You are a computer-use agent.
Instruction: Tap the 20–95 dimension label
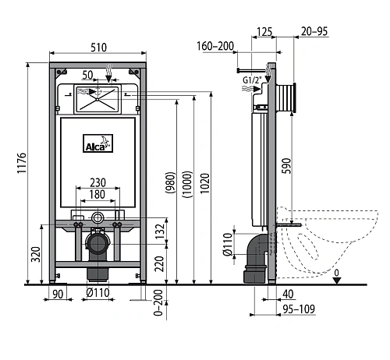[x=314, y=32]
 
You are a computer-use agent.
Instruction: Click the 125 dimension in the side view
[x=264, y=32]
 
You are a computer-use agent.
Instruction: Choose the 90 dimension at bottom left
[x=56, y=294]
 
